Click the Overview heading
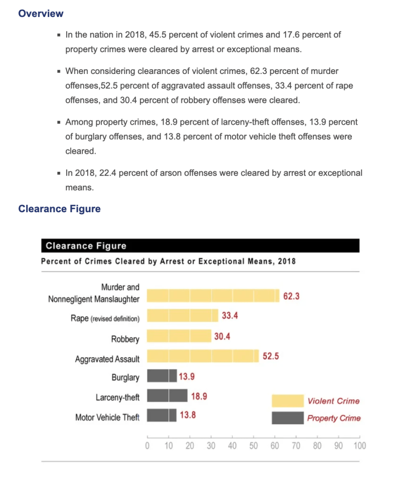point(41,13)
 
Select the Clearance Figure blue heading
point(59,209)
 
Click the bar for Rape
point(183,315)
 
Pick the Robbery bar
point(179,336)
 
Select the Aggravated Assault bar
point(203,356)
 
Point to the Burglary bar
point(162,376)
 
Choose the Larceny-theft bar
point(167,395)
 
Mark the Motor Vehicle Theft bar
point(162,415)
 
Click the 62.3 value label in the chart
point(291,296)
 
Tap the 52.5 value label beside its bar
point(271,356)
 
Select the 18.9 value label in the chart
point(199,396)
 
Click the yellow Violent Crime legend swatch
point(288,401)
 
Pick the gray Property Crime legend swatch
point(288,418)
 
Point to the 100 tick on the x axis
point(360,445)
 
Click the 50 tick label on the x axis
point(253,445)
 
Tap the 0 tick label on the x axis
point(147,445)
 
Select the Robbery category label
point(125,339)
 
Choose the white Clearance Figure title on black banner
point(86,246)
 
